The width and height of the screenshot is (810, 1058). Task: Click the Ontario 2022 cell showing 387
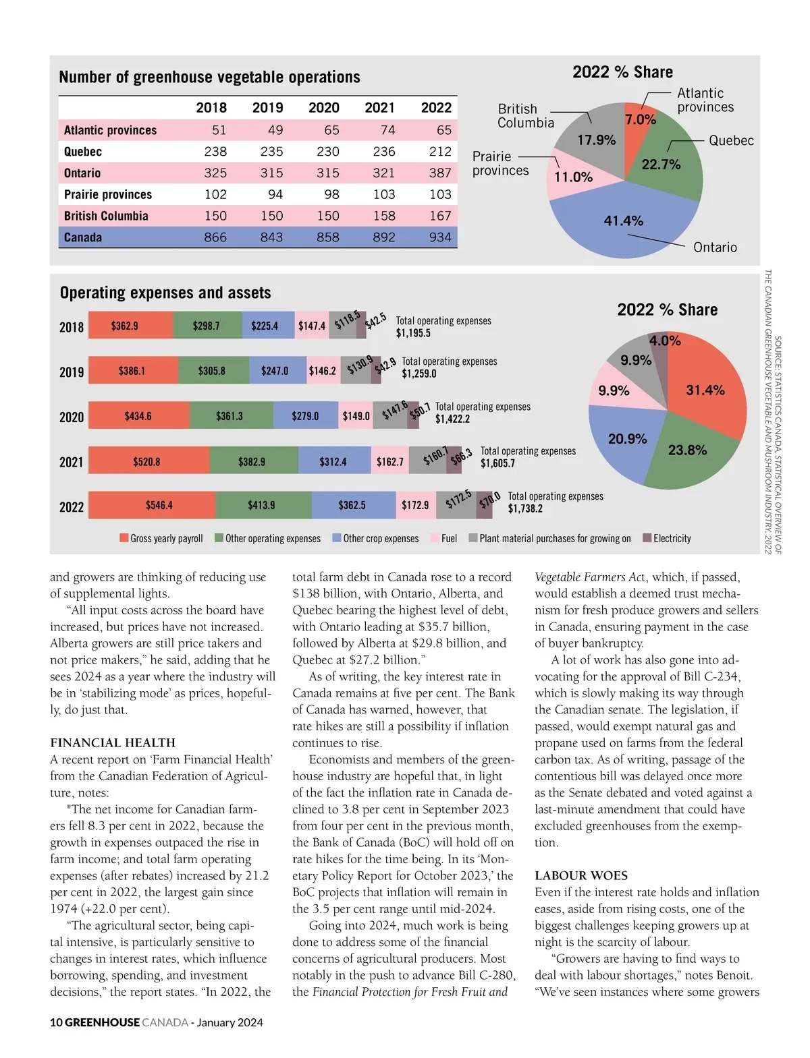439,173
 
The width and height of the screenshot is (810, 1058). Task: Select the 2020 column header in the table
324,108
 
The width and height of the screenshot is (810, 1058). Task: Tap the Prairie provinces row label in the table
108,195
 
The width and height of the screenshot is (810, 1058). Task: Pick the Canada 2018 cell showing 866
215,237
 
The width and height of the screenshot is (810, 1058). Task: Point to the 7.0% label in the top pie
640,120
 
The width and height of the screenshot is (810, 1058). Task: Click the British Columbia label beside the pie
525,116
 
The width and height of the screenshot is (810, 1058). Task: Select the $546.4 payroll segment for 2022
159,505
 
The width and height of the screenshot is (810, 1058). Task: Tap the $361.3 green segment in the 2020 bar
230,416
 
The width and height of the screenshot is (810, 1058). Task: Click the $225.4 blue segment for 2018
265,326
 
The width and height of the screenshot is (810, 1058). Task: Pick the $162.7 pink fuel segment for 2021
389,462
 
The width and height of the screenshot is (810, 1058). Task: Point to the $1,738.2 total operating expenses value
525,508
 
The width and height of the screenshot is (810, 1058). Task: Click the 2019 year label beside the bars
72,372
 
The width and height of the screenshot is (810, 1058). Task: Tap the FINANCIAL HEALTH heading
113,742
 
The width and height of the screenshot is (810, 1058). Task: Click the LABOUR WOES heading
581,875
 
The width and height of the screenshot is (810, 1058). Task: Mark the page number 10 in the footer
56,1022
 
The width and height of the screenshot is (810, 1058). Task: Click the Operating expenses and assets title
165,293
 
